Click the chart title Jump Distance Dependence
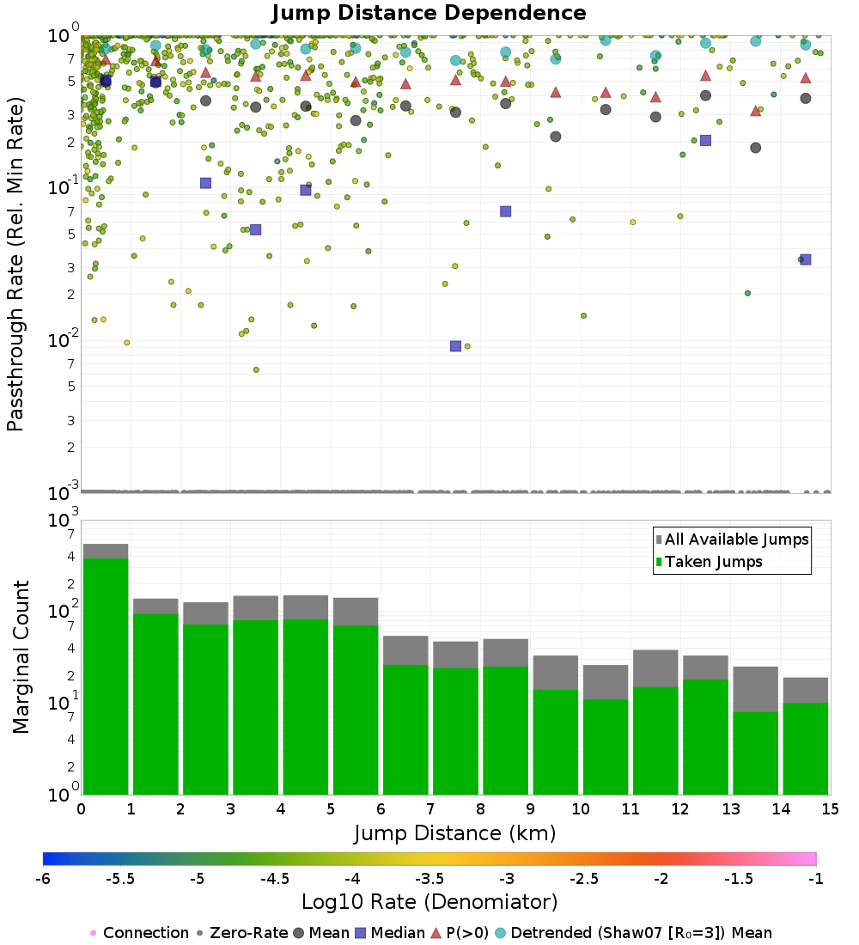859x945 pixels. [429, 13]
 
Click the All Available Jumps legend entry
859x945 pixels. [733, 539]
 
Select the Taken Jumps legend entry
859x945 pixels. [709, 562]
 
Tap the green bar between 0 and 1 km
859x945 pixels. [106, 676]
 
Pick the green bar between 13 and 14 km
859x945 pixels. [755, 753]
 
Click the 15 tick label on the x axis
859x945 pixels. [830, 808]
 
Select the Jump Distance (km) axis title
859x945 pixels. [454, 833]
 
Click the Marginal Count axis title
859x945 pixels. [21, 657]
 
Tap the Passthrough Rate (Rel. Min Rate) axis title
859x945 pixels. [15, 264]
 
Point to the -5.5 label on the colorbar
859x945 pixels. [120, 879]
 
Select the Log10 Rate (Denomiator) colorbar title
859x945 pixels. [429, 901]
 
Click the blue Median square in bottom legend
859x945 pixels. [361, 933]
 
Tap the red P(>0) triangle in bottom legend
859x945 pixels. [436, 933]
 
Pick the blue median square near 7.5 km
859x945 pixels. [456, 346]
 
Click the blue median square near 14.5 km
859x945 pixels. [806, 259]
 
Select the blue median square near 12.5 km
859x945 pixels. [705, 140]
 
